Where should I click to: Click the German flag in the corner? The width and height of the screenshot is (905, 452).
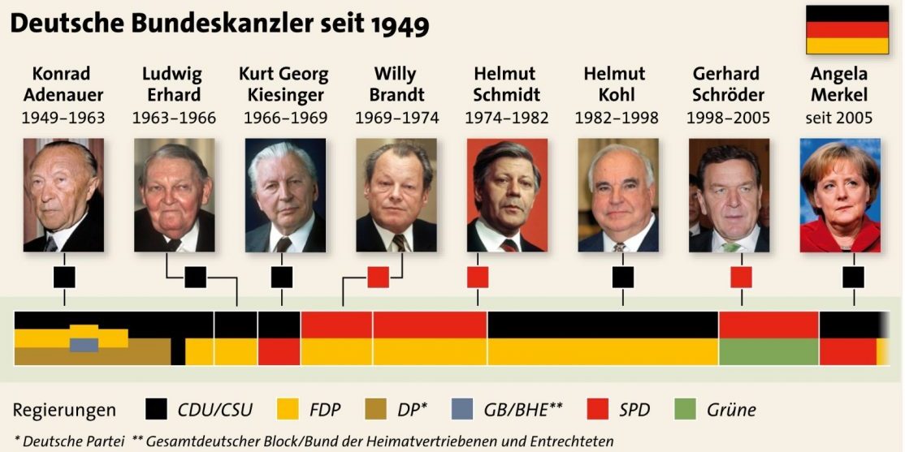[x=847, y=30]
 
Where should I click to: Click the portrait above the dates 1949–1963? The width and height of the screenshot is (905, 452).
[x=63, y=195]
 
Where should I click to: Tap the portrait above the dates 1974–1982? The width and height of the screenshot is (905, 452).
[x=507, y=195]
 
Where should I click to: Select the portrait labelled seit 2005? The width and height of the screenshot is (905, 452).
[x=840, y=195]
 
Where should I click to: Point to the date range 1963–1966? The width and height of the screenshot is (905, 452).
[x=175, y=118]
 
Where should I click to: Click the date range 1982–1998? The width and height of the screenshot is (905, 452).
[x=617, y=118]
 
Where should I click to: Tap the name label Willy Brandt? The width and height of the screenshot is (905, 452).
[x=396, y=84]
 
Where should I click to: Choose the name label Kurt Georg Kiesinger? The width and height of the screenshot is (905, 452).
[x=284, y=84]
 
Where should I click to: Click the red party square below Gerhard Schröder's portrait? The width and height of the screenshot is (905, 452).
[x=741, y=278]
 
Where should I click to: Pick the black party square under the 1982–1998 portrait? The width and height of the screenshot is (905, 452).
[x=623, y=278]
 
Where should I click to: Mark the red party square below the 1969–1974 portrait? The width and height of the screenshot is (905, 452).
[x=378, y=278]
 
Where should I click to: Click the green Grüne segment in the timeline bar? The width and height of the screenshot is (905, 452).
[x=769, y=351]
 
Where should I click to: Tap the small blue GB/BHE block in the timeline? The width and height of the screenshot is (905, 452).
[x=84, y=345]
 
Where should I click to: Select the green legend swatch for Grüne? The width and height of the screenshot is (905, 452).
[x=685, y=409]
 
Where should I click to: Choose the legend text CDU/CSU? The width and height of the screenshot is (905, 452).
[x=214, y=410]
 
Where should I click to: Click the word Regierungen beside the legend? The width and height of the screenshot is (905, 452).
[x=64, y=411]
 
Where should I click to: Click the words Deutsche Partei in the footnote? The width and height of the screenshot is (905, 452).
[x=73, y=441]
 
